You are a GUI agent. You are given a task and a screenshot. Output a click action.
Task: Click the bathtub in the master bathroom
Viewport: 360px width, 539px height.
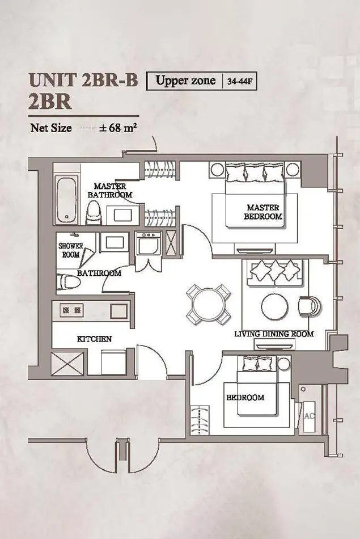pos(67,200)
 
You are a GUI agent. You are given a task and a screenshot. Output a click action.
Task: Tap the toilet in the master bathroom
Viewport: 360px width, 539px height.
pos(93,213)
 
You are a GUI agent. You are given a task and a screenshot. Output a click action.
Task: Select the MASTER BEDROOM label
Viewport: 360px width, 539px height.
pos(263,212)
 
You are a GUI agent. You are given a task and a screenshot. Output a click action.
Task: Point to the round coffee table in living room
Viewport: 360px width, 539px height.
pos(275,306)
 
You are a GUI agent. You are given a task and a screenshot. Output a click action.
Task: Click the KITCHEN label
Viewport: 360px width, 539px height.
pos(95,339)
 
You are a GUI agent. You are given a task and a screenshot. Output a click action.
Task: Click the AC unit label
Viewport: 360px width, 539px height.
pos(309,416)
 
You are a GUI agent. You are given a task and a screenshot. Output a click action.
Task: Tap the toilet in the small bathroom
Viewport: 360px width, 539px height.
pos(68,282)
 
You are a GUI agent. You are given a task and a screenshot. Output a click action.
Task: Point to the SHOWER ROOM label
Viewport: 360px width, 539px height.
pos(71,250)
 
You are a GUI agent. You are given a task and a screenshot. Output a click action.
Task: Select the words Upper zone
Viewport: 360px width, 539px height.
pos(185,81)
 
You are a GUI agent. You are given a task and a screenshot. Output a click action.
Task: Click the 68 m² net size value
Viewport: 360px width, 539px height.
pos(118,128)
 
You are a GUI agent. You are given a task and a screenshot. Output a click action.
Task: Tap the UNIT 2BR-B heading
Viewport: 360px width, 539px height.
pos(83,80)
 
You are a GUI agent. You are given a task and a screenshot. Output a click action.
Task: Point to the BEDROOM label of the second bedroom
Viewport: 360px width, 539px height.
pos(245,397)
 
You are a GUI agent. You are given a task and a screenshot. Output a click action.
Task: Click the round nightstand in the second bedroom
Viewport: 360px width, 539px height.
pos(283,363)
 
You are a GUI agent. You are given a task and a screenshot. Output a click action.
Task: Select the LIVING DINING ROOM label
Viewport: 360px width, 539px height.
pos(274,334)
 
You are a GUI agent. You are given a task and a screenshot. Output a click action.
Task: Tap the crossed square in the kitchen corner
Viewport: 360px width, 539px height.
pos(67,363)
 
